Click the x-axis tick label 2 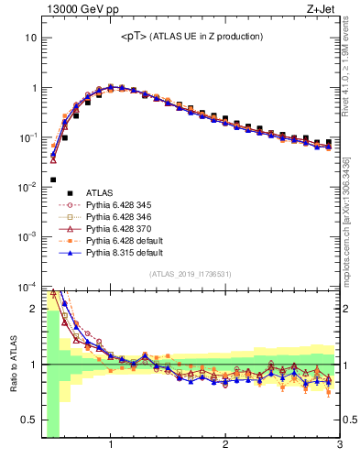[225, 446]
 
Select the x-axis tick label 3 [339, 446]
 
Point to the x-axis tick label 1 [111, 446]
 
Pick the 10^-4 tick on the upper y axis [27, 286]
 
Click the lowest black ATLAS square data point [53, 180]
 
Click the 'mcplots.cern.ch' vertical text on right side [351, 229]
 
